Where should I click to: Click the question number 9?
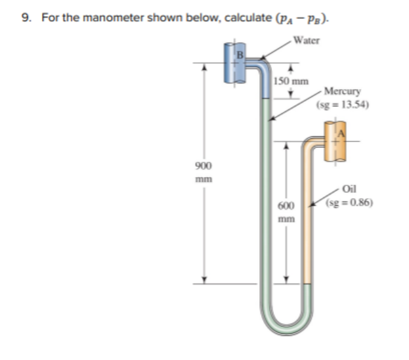click(x=25, y=17)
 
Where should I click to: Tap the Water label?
click(x=308, y=41)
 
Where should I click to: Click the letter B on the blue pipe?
click(x=241, y=54)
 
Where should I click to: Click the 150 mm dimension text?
click(x=292, y=81)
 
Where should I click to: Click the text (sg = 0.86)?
click(x=348, y=204)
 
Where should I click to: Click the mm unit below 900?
click(x=203, y=178)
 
